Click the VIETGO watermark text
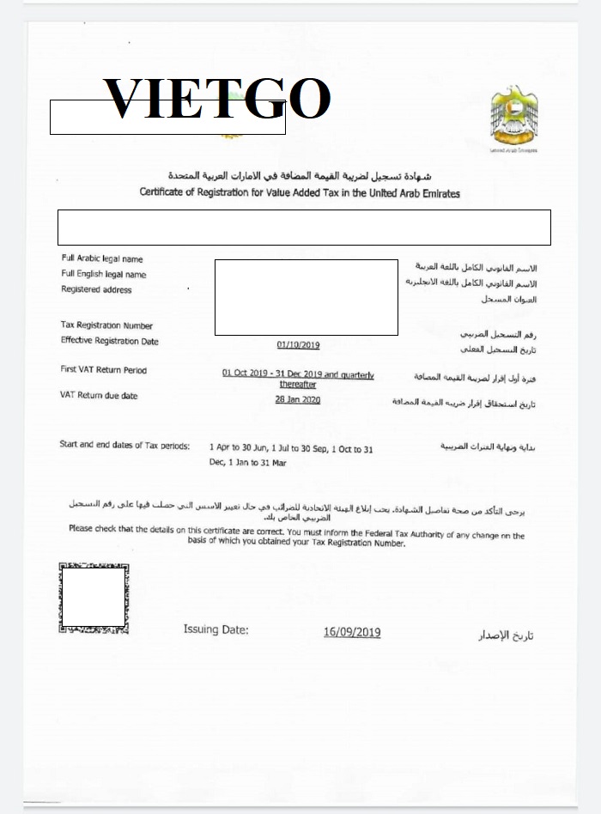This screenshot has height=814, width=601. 216,100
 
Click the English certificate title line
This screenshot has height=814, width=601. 300,193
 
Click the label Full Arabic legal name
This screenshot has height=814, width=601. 102,258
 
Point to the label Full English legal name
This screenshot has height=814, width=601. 104,275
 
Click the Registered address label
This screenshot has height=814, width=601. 96,290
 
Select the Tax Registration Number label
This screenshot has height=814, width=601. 106,325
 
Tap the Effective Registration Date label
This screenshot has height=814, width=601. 110,341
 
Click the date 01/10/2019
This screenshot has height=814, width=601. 298,345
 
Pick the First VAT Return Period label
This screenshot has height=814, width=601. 103,370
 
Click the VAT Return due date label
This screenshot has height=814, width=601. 99,396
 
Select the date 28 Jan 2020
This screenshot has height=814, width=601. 297,400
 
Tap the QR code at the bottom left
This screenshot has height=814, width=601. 94,598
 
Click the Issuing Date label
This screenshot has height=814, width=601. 216,629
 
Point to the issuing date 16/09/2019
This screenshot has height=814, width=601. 352,633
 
